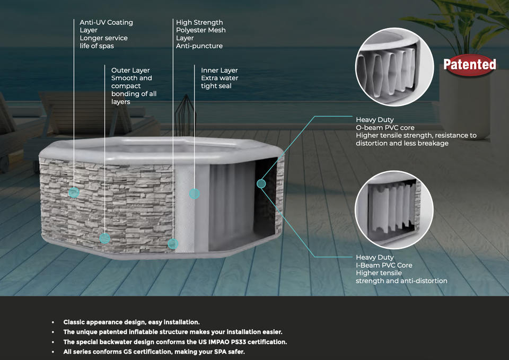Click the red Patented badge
pyautogui.click(x=470, y=65)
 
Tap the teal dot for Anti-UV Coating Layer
pyautogui.click(x=74, y=192)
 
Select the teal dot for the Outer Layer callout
pyautogui.click(x=104, y=238)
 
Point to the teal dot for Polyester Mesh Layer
pyautogui.click(x=172, y=244)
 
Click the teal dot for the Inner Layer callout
pyautogui.click(x=195, y=194)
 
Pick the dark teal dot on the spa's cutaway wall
pyautogui.click(x=261, y=183)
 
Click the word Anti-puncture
pyautogui.click(x=199, y=46)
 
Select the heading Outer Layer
pyautogui.click(x=130, y=71)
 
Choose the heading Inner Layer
pyautogui.click(x=219, y=71)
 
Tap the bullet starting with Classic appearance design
pyautogui.click(x=131, y=322)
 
